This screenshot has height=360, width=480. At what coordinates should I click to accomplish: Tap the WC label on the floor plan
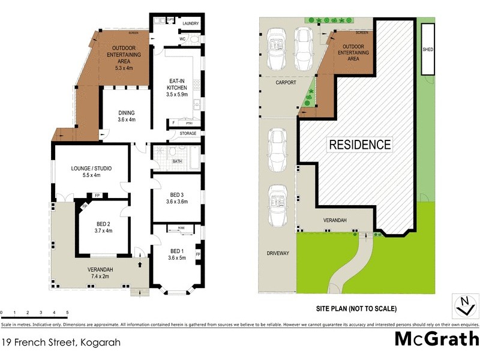coord(181,40)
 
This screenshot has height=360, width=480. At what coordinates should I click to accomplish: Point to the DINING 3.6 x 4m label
coord(126,115)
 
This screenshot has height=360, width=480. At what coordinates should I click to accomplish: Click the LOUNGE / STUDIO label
coord(92,171)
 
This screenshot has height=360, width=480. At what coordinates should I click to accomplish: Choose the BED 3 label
coord(176,198)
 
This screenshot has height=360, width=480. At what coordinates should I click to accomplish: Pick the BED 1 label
coord(177,254)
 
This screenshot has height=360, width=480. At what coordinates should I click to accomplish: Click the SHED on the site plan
coord(428,50)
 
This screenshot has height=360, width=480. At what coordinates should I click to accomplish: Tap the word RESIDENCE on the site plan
coord(359,145)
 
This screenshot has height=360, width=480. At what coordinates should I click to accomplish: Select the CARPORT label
coord(286,83)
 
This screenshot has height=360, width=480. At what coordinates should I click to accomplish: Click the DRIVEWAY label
coord(277,253)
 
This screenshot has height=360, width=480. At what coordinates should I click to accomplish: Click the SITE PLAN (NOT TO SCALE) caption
coord(356,309)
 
